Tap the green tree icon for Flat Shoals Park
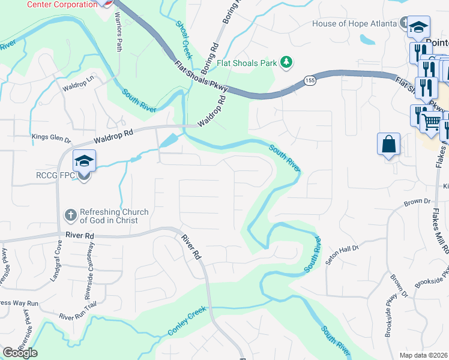click(287, 62)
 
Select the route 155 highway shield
click(309, 80)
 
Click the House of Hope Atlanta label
click(355, 24)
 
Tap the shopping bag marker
click(389, 145)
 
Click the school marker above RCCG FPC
click(84, 161)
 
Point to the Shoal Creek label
click(184, 40)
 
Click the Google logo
click(20, 353)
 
